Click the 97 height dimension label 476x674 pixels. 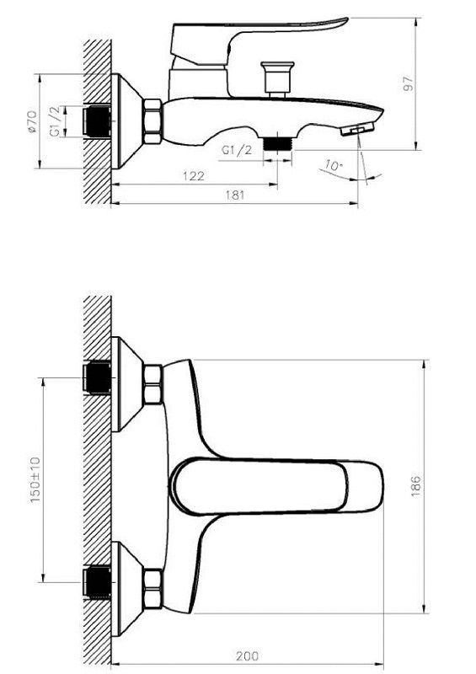coord(409,83)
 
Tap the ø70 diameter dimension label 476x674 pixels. coord(31,121)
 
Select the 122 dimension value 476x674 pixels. coord(194,176)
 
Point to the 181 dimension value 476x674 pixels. coord(235,195)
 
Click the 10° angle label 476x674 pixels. coord(334,165)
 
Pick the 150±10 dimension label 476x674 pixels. coord(35,479)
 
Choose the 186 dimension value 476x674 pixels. coord(416,486)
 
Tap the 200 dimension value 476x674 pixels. coord(247,656)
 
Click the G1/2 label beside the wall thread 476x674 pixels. coord(55,121)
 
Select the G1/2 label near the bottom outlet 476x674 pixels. coord(237,150)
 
